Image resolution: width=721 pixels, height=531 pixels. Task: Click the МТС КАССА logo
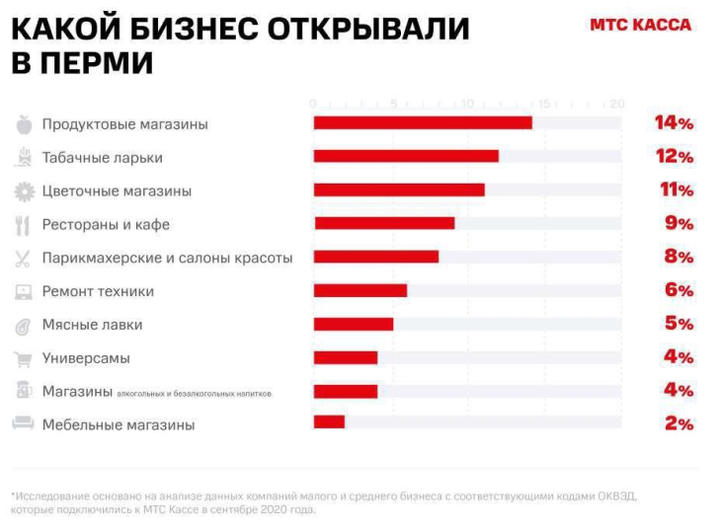pos(640,25)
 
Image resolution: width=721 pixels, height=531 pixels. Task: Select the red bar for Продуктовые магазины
pos(423,123)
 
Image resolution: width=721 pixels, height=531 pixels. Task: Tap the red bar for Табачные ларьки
pos(406,157)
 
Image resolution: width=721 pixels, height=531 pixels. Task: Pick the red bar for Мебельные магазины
pos(329,422)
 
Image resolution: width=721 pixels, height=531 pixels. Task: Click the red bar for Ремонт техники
pos(360,290)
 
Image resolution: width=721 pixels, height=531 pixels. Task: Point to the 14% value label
pos(674,123)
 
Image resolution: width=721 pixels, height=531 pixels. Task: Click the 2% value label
pos(679,423)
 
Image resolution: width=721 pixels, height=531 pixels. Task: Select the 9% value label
pos(679,223)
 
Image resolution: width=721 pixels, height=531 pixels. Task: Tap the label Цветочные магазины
pos(117,190)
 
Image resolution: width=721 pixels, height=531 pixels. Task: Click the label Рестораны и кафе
pos(106,224)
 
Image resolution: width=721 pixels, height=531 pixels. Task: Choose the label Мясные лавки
pos(92,325)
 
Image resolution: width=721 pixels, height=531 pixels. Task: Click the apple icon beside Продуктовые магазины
pos(24,124)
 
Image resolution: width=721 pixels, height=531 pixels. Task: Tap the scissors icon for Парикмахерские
pos(23,259)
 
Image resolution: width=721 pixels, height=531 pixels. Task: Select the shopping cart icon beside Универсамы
pos(23,358)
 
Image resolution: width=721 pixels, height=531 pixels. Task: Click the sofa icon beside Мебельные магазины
pos(23,424)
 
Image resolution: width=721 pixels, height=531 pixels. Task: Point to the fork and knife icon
pos(23,225)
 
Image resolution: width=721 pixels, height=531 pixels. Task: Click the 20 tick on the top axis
pos(617,104)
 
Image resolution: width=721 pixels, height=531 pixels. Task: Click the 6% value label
pos(679,290)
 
